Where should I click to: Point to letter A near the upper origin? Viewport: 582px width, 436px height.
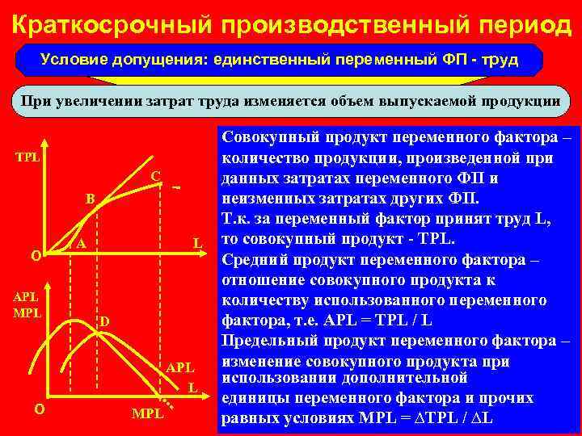point(81,245)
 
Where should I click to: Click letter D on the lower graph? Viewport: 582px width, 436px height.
point(104,324)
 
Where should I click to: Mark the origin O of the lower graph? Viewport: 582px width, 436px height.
point(38,409)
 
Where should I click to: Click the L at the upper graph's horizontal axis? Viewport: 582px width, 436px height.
point(196,243)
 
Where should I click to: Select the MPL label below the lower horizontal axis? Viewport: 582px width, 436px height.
point(146,415)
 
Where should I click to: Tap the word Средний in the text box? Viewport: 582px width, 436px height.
point(255,259)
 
